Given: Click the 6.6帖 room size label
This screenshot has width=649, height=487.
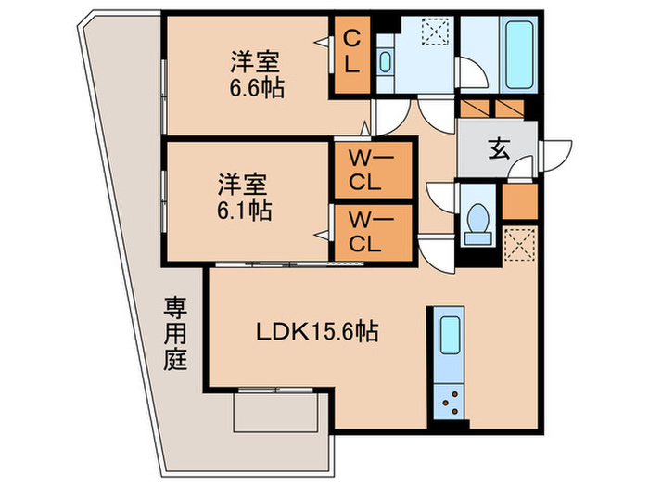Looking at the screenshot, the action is (x=257, y=88).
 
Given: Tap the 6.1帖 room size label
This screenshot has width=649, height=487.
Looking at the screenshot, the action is (x=244, y=211).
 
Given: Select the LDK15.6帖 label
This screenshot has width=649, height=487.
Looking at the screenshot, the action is (x=317, y=331).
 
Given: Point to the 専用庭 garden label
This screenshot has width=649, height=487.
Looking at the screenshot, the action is (x=175, y=334).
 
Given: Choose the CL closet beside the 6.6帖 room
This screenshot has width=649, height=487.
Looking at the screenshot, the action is (x=351, y=55).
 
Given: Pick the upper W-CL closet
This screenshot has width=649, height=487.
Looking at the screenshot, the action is (x=374, y=170).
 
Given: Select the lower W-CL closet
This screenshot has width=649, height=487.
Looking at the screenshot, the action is (x=374, y=233).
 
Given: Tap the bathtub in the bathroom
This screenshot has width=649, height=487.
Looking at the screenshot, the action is (x=519, y=54).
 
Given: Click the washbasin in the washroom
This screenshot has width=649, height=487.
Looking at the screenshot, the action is (x=385, y=62).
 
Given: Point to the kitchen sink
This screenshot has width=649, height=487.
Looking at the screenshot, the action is (x=451, y=336).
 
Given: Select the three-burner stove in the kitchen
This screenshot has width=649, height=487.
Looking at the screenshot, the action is (x=450, y=401).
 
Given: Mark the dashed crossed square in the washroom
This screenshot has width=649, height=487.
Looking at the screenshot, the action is (x=435, y=32).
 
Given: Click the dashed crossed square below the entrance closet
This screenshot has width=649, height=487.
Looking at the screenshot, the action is (x=520, y=244).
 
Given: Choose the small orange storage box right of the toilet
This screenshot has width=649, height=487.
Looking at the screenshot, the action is (x=520, y=201).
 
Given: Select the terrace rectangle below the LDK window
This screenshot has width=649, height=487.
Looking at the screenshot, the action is (x=275, y=413).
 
